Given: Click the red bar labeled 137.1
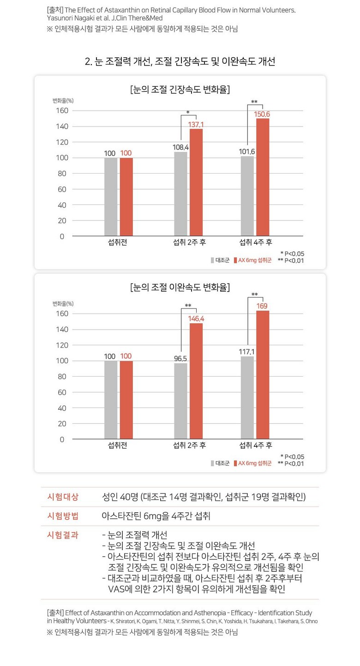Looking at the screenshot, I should (196, 182).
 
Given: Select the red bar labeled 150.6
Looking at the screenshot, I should (263, 177).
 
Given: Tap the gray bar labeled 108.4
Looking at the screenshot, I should (181, 194).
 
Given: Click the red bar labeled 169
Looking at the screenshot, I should (263, 375).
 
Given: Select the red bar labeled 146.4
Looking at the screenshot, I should (196, 381).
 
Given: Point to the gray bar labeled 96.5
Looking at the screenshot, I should (181, 401).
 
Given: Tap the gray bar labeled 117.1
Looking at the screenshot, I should (247, 398).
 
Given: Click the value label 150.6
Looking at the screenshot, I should (262, 114).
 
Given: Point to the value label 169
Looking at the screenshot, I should (262, 306).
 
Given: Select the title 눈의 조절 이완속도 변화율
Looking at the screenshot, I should (180, 287).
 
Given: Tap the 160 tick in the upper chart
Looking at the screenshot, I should (62, 111).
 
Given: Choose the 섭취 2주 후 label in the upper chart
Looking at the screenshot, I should (189, 242).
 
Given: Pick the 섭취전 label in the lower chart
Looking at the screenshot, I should (118, 445).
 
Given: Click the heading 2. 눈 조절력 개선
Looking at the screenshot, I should (180, 61).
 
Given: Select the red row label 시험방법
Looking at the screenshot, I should (63, 516).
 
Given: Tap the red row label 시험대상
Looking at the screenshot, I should (63, 497).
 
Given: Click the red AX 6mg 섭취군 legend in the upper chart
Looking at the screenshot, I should (252, 260).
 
